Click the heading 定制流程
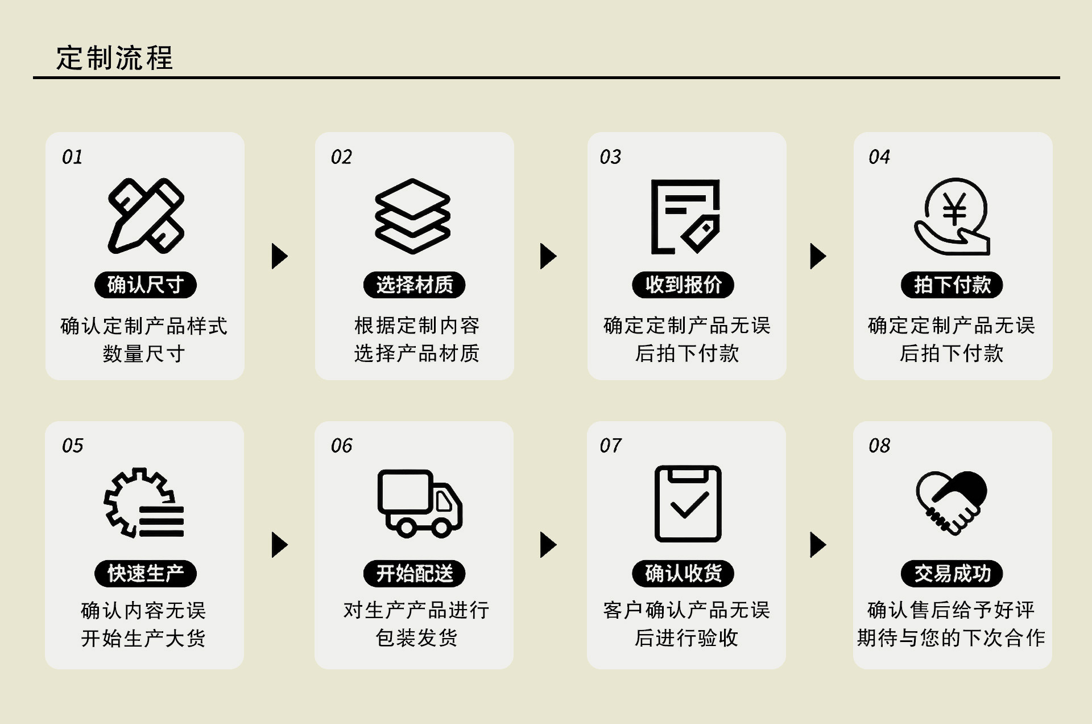(114, 58)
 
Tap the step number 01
(72, 157)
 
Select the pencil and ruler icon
(146, 216)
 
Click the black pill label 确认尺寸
(146, 285)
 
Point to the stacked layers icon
(413, 216)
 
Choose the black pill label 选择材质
(415, 285)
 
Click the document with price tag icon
(685, 216)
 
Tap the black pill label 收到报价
(683, 285)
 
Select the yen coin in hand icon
(953, 216)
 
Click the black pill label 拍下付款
(952, 285)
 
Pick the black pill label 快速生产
(146, 573)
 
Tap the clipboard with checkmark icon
(688, 504)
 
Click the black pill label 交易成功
(952, 573)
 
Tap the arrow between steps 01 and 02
(279, 256)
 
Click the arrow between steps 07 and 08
(817, 545)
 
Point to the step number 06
(341, 445)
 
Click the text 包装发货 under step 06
(416, 638)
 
